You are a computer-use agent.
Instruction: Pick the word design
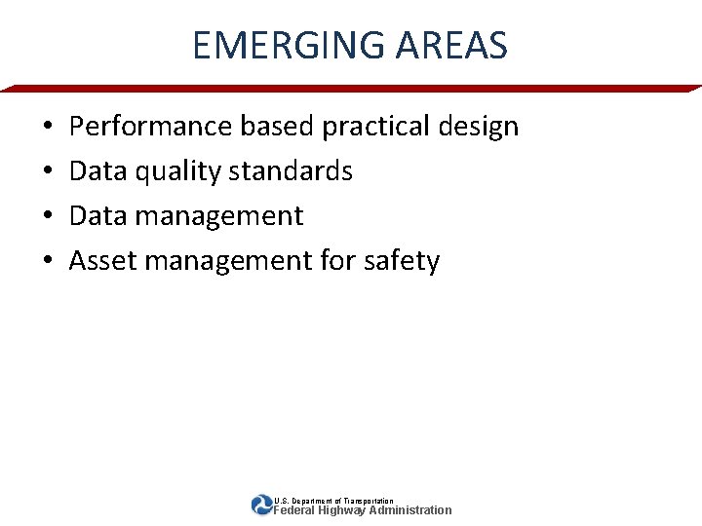coord(479,127)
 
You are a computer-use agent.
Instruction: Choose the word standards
coord(291,171)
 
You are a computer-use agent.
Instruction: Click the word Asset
coord(99,261)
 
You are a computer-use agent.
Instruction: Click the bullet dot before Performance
coord(48,128)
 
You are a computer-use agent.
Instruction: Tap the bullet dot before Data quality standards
coord(48,172)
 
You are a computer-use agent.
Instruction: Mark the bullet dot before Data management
coord(48,217)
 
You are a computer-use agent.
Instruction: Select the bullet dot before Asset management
coord(48,262)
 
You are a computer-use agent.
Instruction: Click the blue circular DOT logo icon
coord(261,505)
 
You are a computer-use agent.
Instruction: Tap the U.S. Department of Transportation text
coord(333,501)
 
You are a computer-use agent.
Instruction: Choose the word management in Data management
coord(219,216)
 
